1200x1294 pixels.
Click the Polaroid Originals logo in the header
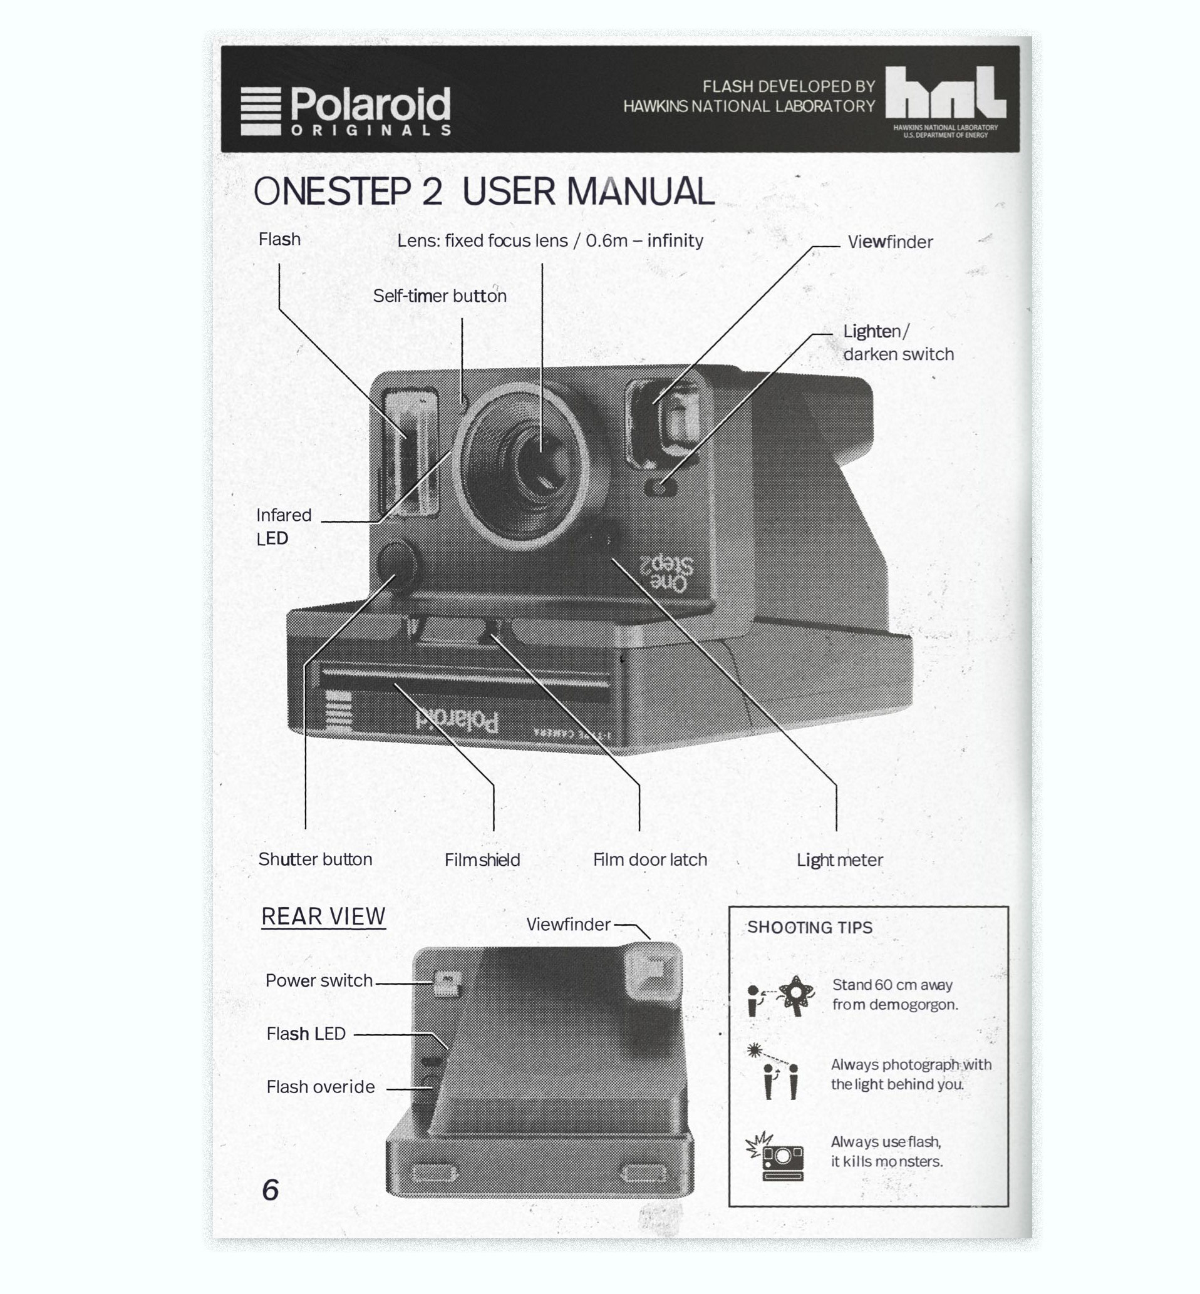click(x=346, y=111)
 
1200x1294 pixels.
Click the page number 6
click(x=270, y=1189)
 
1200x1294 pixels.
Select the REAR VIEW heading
click(x=323, y=917)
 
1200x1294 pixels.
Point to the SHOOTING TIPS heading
click(x=810, y=927)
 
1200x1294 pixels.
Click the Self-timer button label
click(x=440, y=296)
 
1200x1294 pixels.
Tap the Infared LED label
click(x=284, y=526)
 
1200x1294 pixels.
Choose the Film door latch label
click(x=650, y=860)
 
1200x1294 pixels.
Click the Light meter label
click(x=840, y=861)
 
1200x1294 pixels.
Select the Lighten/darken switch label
click(x=899, y=342)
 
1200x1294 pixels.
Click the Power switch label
click(x=319, y=980)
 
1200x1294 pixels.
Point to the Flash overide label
click(x=321, y=1087)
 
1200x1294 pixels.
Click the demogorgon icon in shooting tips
click(x=796, y=995)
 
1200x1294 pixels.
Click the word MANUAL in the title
click(x=640, y=192)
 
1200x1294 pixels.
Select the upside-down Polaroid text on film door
click(x=458, y=720)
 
